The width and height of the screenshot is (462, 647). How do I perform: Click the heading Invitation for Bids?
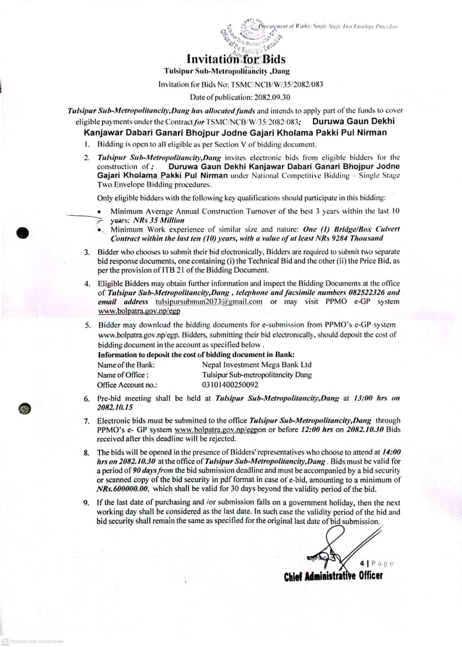236,60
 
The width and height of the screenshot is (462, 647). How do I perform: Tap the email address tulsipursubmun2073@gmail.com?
209,302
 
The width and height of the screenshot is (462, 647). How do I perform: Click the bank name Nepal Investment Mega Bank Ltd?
257,364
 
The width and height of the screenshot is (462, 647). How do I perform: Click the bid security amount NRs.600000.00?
123,489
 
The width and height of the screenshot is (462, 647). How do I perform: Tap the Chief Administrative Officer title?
333,576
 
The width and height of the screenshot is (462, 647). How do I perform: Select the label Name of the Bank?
126,364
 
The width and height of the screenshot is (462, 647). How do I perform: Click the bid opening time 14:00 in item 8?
391,452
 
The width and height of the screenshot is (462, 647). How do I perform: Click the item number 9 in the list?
86,503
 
